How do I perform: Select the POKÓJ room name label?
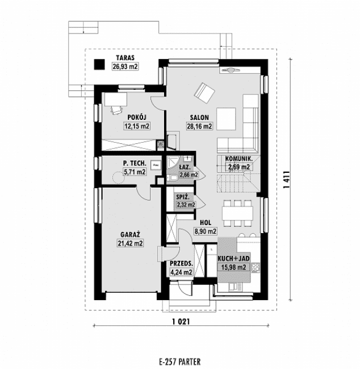tap(137, 118)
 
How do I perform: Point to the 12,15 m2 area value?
tap(137, 126)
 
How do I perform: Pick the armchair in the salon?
tap(203, 91)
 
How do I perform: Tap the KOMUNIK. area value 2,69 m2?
tap(238, 167)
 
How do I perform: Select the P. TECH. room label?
tap(135, 163)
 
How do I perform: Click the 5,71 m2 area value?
tap(135, 171)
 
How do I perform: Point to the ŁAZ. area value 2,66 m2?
tap(188, 175)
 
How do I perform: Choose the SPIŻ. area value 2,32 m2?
tap(186, 205)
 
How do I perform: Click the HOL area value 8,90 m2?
tap(206, 231)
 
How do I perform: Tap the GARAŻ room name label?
tap(130, 234)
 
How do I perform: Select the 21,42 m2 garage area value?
tap(130, 243)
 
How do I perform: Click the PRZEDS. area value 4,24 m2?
tap(181, 272)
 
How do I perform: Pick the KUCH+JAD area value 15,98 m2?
tap(232, 267)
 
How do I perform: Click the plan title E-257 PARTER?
tap(180, 360)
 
